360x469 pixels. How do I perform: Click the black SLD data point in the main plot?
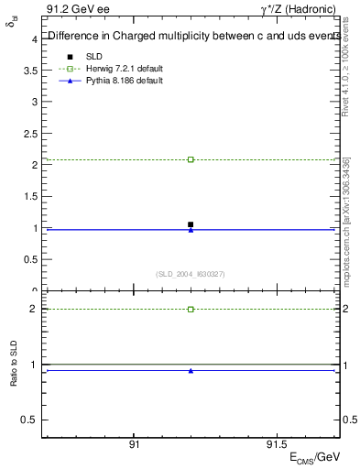click(191, 224)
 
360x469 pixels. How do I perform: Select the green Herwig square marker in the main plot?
click(191, 159)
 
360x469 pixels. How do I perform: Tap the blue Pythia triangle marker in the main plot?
click(191, 230)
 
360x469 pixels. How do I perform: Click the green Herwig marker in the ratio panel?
click(191, 309)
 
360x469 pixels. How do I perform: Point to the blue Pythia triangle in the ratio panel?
click(191, 371)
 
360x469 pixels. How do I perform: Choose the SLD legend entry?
click(92, 57)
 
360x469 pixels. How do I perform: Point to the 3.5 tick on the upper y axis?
click(31, 70)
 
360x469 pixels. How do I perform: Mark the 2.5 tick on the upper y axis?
click(31, 133)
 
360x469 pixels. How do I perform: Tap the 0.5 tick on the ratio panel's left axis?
click(31, 420)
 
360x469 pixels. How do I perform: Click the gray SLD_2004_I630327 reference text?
click(190, 274)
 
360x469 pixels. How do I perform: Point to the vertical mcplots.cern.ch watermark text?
click(348, 229)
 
